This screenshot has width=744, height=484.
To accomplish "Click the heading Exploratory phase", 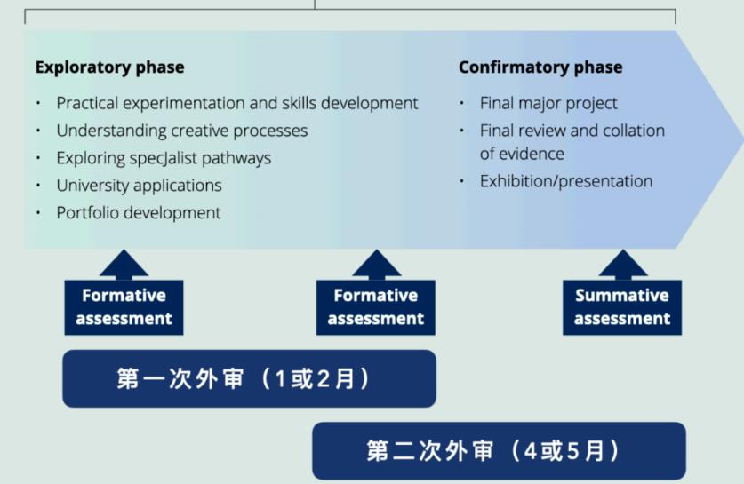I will click(x=109, y=67).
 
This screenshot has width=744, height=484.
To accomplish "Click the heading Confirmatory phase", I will click(x=540, y=67).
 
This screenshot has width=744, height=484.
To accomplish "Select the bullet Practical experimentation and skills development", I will click(x=236, y=103).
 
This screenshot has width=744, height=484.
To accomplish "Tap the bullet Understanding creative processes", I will click(x=181, y=131).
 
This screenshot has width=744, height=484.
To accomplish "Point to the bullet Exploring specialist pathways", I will click(x=164, y=158).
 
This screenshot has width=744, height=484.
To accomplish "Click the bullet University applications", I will click(x=139, y=186).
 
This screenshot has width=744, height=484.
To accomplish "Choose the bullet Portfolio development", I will click(x=139, y=213).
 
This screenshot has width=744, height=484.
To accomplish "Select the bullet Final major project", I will click(x=548, y=103).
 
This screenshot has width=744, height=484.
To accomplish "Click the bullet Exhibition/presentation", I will click(x=565, y=181).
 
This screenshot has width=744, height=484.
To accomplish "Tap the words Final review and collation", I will click(x=572, y=131).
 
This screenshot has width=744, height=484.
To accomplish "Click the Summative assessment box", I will click(x=621, y=307).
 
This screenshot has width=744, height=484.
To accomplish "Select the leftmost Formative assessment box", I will click(x=124, y=307).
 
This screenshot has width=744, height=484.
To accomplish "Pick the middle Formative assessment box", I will click(x=375, y=307).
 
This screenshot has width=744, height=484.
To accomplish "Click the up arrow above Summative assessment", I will click(x=622, y=264).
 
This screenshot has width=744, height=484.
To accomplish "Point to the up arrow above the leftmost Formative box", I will click(x=124, y=264).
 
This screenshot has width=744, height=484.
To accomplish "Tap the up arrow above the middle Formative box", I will click(x=376, y=264).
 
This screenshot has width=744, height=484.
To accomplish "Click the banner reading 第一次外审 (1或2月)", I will click(x=248, y=379).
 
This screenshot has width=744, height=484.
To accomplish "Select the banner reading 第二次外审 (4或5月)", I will click(x=498, y=451).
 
